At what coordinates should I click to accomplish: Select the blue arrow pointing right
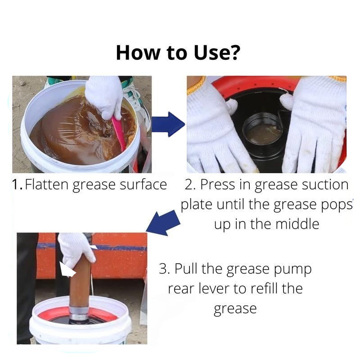(168, 124)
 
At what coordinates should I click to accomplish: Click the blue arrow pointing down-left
(163, 222)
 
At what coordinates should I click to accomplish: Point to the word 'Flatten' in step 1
(47, 184)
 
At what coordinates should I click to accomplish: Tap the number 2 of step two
(189, 184)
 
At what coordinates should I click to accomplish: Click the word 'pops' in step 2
(336, 205)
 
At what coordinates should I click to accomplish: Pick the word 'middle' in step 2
(297, 224)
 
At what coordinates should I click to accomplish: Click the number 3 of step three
(163, 268)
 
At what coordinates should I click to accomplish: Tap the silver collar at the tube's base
(79, 313)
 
